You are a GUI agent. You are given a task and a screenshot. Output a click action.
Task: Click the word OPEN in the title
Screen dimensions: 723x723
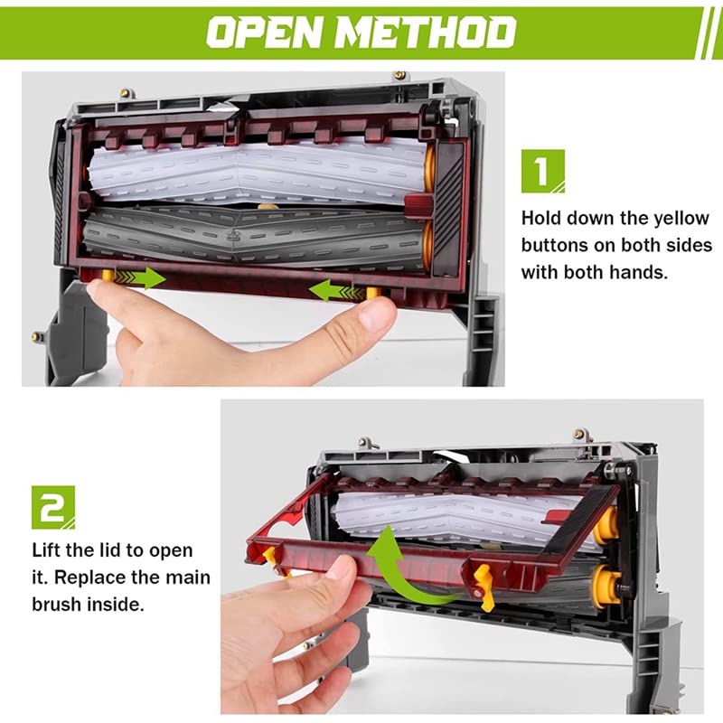[x=262, y=33]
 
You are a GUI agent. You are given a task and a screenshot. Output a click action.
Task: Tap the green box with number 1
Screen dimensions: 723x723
[x=542, y=171]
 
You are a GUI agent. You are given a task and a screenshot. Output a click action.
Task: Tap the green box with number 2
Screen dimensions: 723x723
[x=53, y=507]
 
